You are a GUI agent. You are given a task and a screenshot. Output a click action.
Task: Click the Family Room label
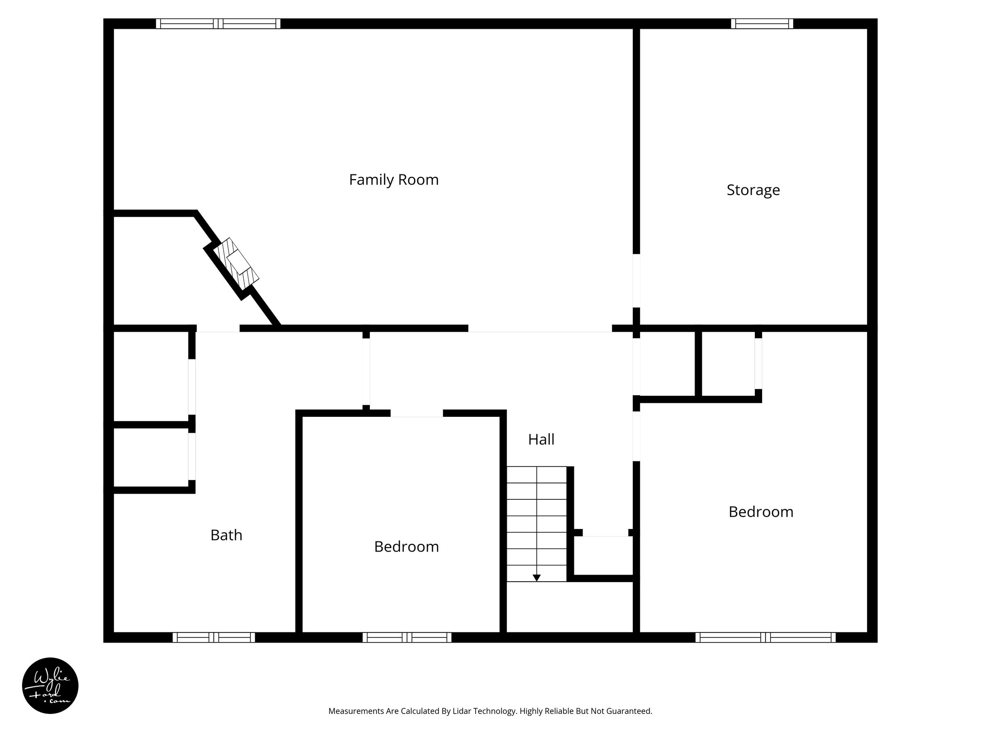click(394, 180)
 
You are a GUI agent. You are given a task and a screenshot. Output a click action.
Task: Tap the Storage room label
click(753, 190)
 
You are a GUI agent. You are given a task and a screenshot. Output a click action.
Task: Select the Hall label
click(541, 439)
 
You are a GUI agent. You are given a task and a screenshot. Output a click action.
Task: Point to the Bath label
click(226, 535)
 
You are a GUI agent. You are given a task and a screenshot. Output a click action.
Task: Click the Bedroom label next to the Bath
click(406, 547)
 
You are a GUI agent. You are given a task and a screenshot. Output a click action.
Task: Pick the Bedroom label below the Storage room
click(761, 512)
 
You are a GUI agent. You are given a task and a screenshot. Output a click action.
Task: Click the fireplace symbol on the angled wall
click(236, 263)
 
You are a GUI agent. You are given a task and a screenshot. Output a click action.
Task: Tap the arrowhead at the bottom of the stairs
click(536, 578)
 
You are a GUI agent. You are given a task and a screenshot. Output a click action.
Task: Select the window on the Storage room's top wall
click(762, 23)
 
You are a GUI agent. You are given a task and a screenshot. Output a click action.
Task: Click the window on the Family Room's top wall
click(218, 23)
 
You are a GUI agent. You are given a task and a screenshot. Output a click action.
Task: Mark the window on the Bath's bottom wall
click(214, 637)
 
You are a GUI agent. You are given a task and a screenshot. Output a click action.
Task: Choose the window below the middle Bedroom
click(407, 637)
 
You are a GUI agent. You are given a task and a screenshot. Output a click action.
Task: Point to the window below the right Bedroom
click(765, 637)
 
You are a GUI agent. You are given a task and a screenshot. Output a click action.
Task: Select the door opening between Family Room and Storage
click(636, 280)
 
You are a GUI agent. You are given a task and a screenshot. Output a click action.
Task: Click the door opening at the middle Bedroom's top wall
click(416, 414)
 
